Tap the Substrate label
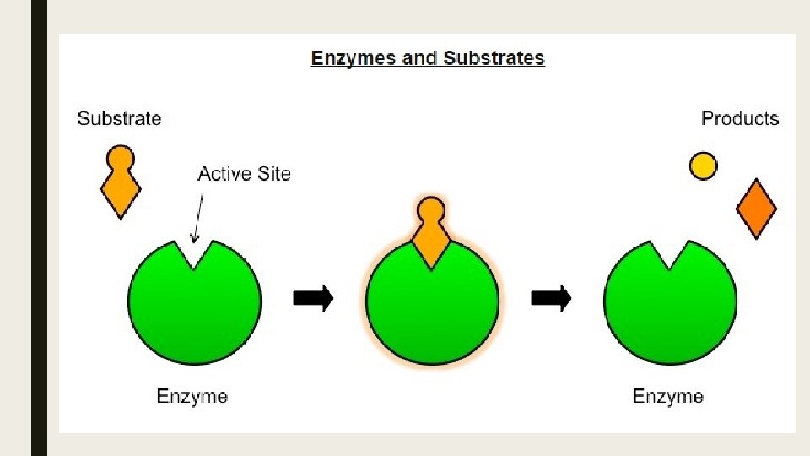pos(119,118)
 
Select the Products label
pos(740,118)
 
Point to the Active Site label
pos(244,174)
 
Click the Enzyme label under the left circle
pos(192,395)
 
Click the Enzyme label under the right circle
pos(667,395)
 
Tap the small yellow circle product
pos(703,166)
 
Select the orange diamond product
pos(756,209)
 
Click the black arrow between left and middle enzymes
pos(313,297)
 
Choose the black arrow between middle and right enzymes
pos(551,297)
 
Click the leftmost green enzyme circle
pos(194,308)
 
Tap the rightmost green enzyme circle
pos(670,308)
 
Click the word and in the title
pos(407,59)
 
